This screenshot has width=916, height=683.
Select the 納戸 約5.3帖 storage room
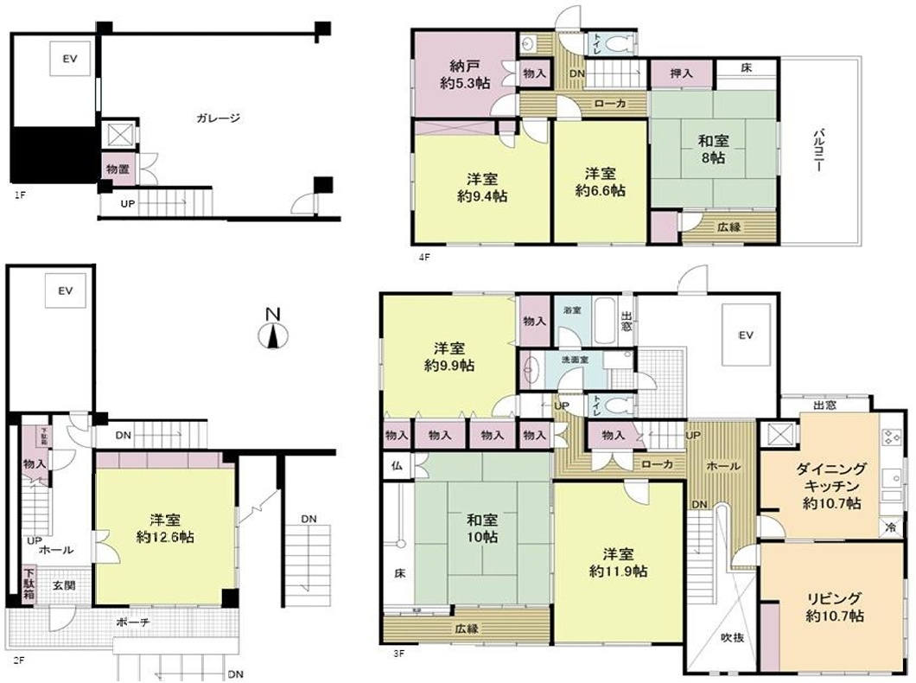pos(464,75)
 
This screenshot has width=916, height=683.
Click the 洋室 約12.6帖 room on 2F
pos(165,528)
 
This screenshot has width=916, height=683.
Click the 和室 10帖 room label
pos(482,529)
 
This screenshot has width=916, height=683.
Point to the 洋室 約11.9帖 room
pos(619,562)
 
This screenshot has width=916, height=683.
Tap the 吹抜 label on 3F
pos(732,638)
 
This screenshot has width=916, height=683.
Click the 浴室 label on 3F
pos(571,309)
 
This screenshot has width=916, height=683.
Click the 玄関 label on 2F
pos(64,585)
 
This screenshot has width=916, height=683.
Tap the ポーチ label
pos(129,621)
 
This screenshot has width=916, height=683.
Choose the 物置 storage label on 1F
pos(118,167)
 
